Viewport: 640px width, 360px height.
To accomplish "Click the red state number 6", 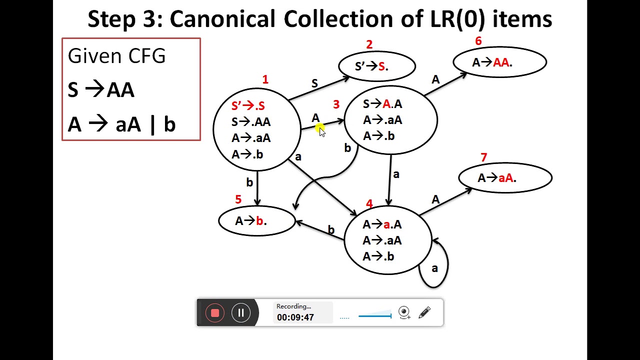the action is [478, 41].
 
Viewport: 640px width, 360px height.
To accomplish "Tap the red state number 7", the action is [483, 157].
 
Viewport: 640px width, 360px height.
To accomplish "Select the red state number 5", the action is [238, 199].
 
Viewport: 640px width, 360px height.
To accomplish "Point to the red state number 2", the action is [369, 44].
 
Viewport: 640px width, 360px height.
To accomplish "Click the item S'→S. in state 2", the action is [371, 66].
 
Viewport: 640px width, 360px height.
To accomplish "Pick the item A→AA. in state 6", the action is [492, 62].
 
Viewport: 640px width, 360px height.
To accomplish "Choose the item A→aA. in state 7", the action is [496, 177].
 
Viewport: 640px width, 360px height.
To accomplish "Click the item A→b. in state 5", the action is [251, 221].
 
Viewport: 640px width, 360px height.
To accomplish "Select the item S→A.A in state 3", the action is [382, 104].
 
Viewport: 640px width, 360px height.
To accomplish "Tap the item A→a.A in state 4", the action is [382, 224].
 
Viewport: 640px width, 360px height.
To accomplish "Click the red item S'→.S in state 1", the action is [248, 105].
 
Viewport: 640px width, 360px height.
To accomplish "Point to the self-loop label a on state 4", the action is [434, 268].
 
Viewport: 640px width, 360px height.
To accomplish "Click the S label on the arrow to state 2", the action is [314, 83].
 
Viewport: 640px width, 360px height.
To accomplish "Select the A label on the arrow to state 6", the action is [435, 79].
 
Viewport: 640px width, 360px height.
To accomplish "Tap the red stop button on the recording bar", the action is [215, 313].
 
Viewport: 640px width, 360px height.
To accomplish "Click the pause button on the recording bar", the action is [241, 313].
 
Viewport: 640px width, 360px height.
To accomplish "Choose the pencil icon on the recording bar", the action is [424, 313].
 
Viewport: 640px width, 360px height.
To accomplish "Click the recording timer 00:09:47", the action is [295, 317].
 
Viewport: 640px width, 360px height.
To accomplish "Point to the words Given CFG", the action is [116, 56].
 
